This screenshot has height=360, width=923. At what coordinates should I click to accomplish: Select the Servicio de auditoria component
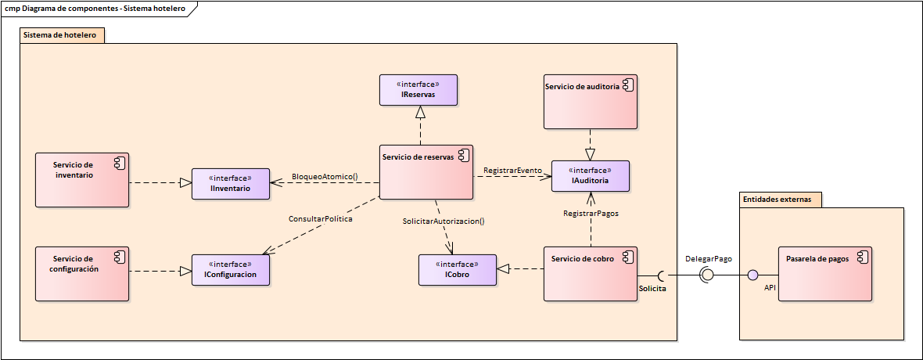point(590,102)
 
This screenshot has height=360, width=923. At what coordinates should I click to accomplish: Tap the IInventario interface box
point(230,184)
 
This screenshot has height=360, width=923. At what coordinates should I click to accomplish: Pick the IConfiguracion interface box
point(230,270)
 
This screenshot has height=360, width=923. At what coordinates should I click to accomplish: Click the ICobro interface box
point(457,270)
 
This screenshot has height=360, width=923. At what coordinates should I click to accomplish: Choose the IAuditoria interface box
point(590,176)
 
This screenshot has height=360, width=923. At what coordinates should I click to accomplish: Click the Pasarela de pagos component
point(824,273)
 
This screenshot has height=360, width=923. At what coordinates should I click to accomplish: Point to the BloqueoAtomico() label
point(325,177)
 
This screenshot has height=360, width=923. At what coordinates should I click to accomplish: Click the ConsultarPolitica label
point(321,220)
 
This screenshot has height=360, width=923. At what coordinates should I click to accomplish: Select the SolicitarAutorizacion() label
point(444,221)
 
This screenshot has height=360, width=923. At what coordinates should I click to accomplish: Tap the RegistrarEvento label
point(512,170)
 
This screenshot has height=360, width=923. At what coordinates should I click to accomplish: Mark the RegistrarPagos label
point(591,213)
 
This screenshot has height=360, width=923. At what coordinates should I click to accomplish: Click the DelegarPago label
point(709,258)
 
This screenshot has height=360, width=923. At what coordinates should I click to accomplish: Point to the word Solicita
point(653,290)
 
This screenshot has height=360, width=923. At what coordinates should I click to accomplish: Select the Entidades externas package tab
point(780,200)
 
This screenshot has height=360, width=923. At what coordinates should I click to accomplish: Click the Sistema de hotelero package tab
point(60,35)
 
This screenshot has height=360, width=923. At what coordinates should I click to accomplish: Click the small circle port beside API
point(753,275)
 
